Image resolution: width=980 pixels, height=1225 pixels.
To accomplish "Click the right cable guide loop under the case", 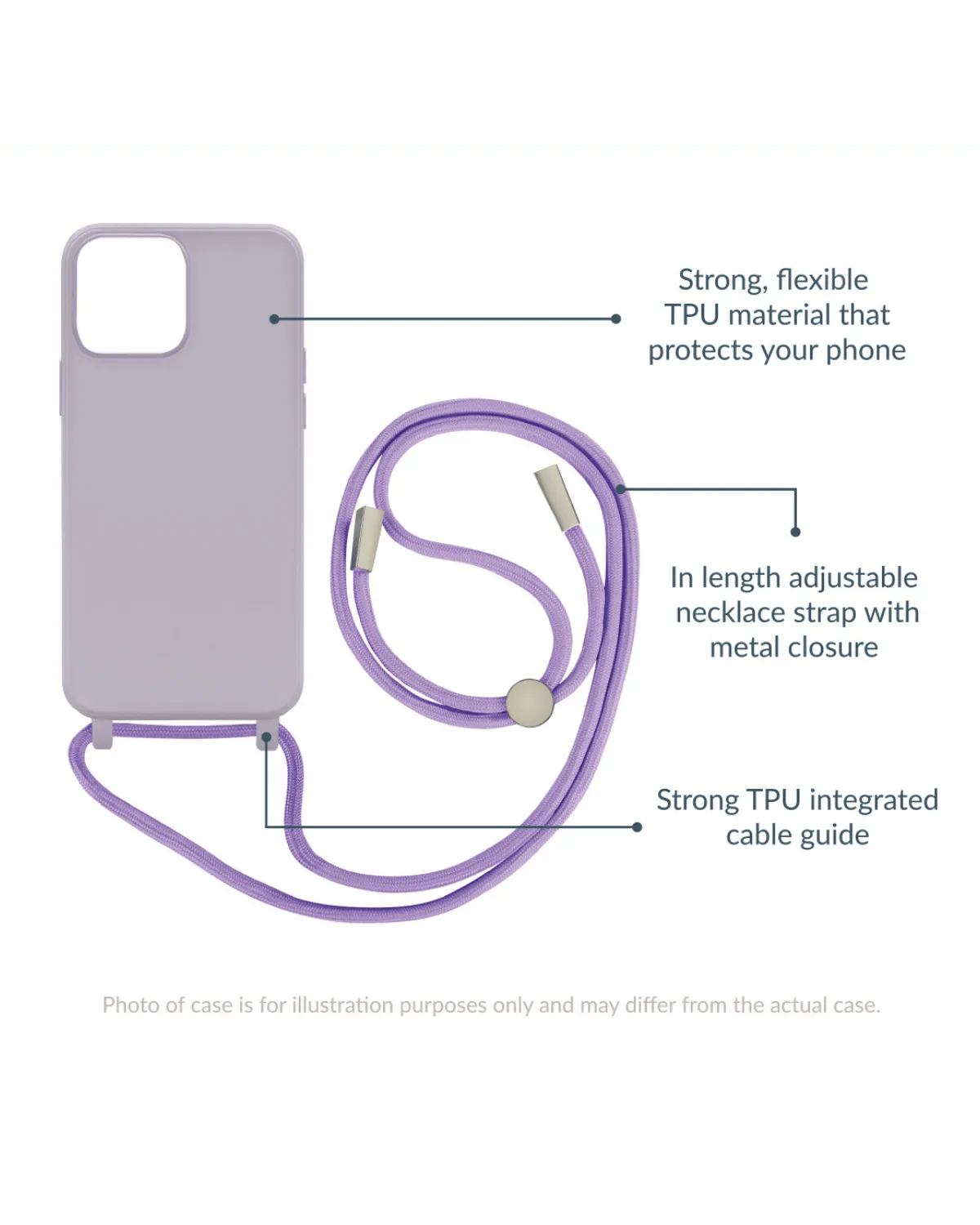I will [x=265, y=737].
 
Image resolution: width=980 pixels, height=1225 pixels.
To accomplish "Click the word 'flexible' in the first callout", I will [x=822, y=280].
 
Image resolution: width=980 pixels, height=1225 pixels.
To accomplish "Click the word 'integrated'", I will [x=873, y=800].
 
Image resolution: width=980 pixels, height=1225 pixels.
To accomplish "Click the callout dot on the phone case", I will [x=274, y=318].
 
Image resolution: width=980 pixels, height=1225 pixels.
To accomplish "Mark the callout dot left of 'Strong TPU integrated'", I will [x=637, y=826].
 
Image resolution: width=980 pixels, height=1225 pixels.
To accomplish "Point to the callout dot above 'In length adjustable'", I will [x=795, y=532].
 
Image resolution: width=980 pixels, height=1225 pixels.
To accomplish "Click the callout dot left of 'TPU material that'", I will [x=617, y=318].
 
